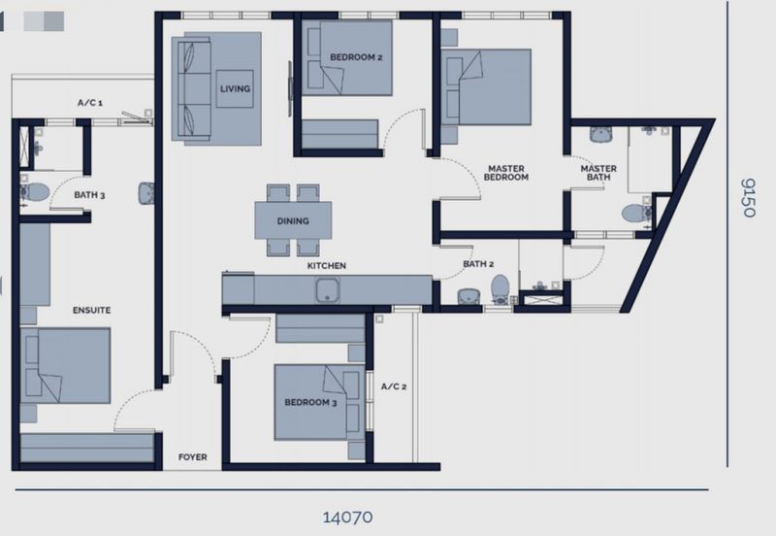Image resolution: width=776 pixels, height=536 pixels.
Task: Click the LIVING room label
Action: (235, 89)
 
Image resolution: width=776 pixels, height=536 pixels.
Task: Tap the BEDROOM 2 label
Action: (356, 57)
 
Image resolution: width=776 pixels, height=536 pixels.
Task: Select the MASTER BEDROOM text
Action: (505, 173)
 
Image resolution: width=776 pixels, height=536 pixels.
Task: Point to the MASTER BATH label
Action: (598, 173)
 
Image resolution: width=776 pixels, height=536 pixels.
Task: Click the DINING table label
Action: (293, 221)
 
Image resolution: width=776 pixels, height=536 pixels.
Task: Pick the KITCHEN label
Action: (327, 266)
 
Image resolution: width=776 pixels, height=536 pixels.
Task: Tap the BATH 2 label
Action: (478, 264)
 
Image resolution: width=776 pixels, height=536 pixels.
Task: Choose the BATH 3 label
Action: (89, 195)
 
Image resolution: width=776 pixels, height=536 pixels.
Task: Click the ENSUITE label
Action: (91, 311)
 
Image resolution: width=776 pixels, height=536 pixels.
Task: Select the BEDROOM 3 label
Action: (310, 402)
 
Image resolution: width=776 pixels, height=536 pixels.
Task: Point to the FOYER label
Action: (192, 457)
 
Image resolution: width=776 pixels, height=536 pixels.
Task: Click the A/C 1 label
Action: (90, 103)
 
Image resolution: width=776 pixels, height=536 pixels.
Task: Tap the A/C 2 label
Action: (394, 386)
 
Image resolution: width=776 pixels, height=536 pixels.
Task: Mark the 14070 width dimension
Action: (347, 518)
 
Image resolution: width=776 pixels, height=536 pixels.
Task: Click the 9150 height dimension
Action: (747, 198)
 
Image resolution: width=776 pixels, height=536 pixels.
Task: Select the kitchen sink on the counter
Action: (328, 289)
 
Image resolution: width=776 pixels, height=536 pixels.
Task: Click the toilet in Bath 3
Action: (35, 192)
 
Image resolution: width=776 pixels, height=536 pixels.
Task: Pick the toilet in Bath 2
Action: (500, 289)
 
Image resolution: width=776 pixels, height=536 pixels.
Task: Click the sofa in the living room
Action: (191, 89)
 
